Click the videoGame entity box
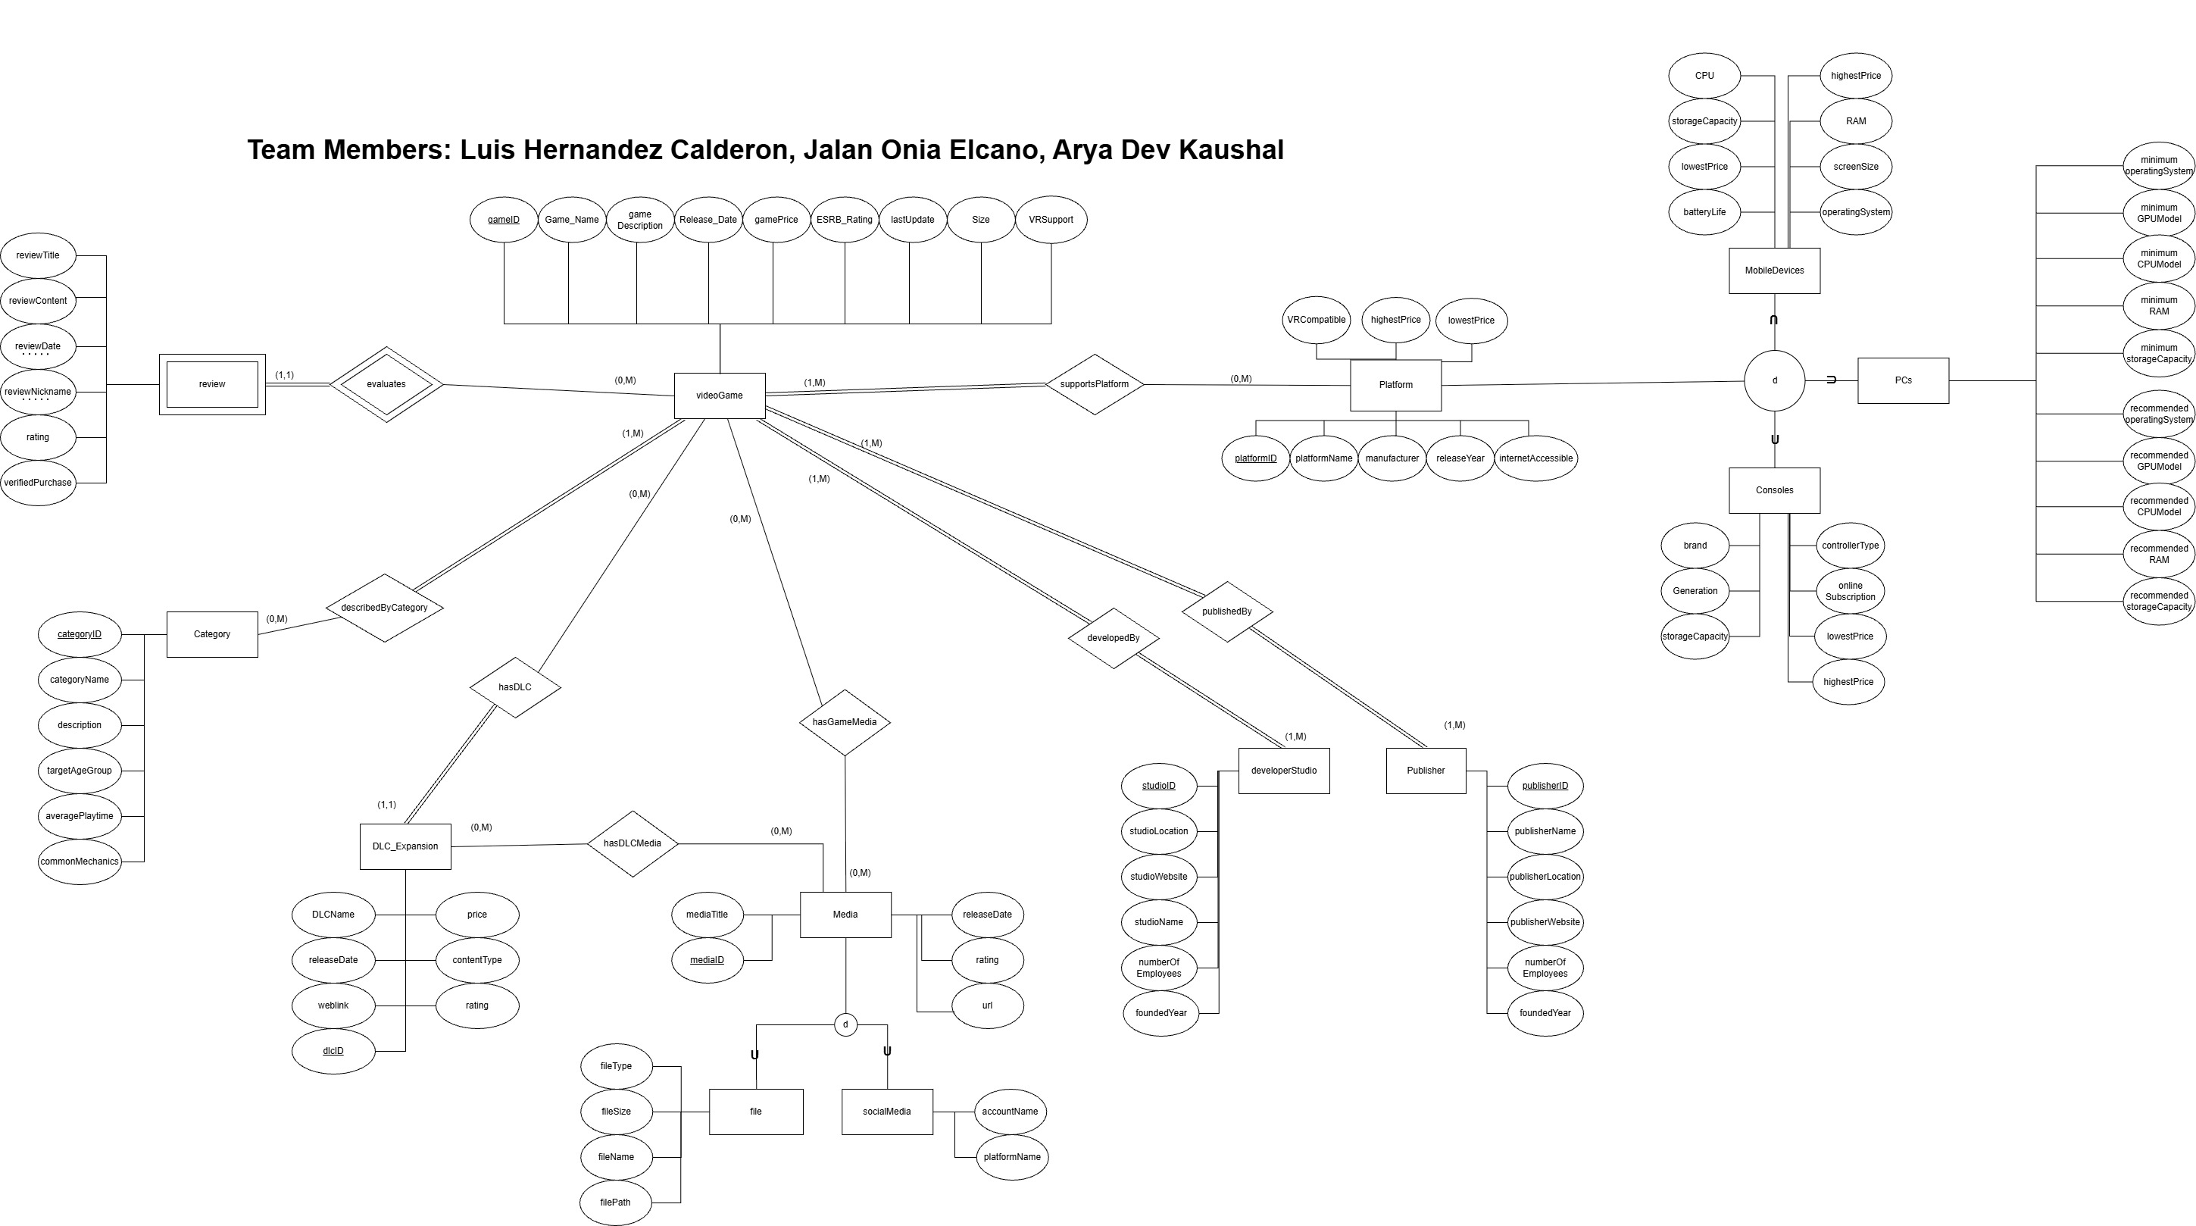click(x=719, y=396)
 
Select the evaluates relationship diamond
click(x=386, y=384)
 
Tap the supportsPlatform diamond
click(x=1095, y=384)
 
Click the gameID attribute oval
click(x=504, y=220)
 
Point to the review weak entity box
click(x=212, y=384)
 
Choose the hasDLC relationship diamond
click(x=515, y=687)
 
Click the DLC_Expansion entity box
click(x=405, y=846)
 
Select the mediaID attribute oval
click(x=707, y=960)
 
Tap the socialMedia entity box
click(x=886, y=1112)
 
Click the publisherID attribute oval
click(x=1545, y=786)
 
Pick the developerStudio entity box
click(x=1283, y=771)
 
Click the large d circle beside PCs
click(x=1774, y=380)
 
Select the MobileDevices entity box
click(x=1774, y=271)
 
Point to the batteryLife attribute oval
click(x=1704, y=212)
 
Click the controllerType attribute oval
click(x=1850, y=546)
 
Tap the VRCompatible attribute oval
click(x=1317, y=321)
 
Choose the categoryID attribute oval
click(x=80, y=634)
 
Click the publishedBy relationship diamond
click(x=1226, y=612)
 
